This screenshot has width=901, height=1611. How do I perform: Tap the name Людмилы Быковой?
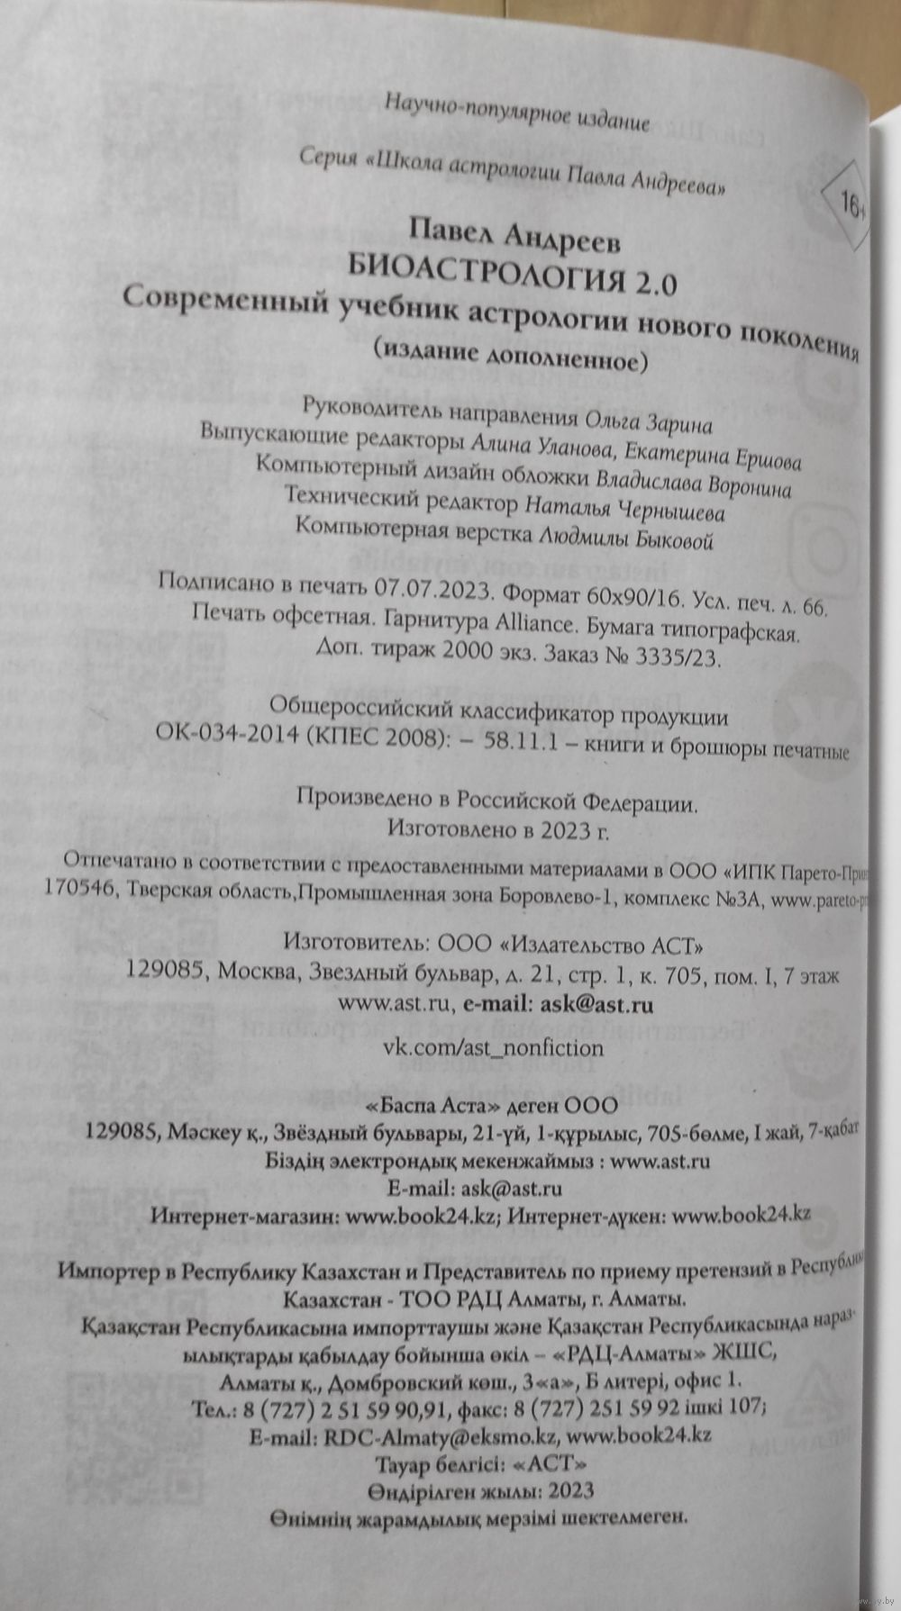(625, 540)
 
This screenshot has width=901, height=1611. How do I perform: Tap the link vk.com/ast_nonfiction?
(494, 1047)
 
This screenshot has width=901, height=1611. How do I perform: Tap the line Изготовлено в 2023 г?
(496, 827)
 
